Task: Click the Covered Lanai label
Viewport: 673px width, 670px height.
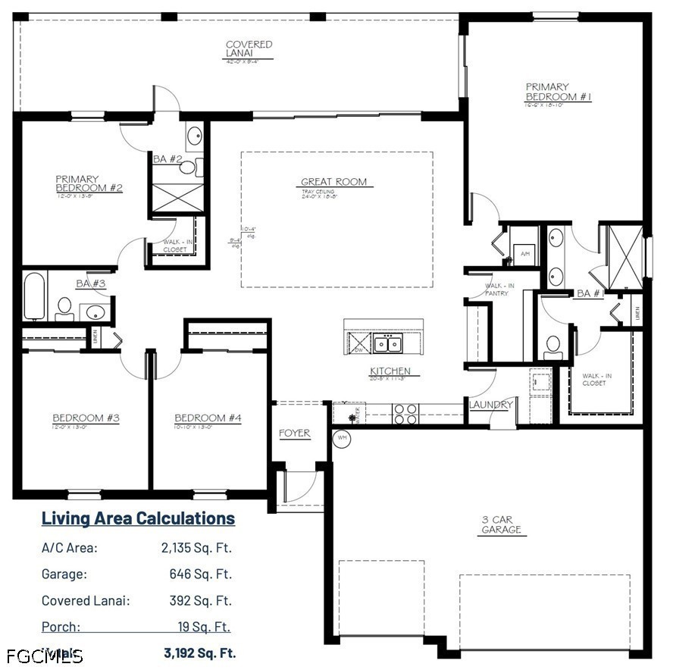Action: (249, 49)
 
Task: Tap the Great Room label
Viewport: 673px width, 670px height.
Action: (333, 182)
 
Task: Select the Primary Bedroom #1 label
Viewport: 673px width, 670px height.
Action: (558, 92)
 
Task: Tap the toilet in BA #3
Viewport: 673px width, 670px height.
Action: (65, 308)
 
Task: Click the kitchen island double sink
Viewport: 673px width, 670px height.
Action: (387, 345)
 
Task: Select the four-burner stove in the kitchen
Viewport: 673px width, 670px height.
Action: (405, 414)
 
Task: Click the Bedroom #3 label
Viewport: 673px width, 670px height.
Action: (86, 418)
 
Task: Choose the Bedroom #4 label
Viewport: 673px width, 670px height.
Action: (208, 418)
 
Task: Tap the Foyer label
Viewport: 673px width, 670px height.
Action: (294, 433)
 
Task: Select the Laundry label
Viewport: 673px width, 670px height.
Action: (491, 405)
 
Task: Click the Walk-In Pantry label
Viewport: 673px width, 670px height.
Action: (501, 289)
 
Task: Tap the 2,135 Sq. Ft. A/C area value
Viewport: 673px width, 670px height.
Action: (196, 547)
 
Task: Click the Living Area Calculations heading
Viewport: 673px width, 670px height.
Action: (138, 518)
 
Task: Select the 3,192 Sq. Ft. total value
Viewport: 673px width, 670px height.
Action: (199, 652)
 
